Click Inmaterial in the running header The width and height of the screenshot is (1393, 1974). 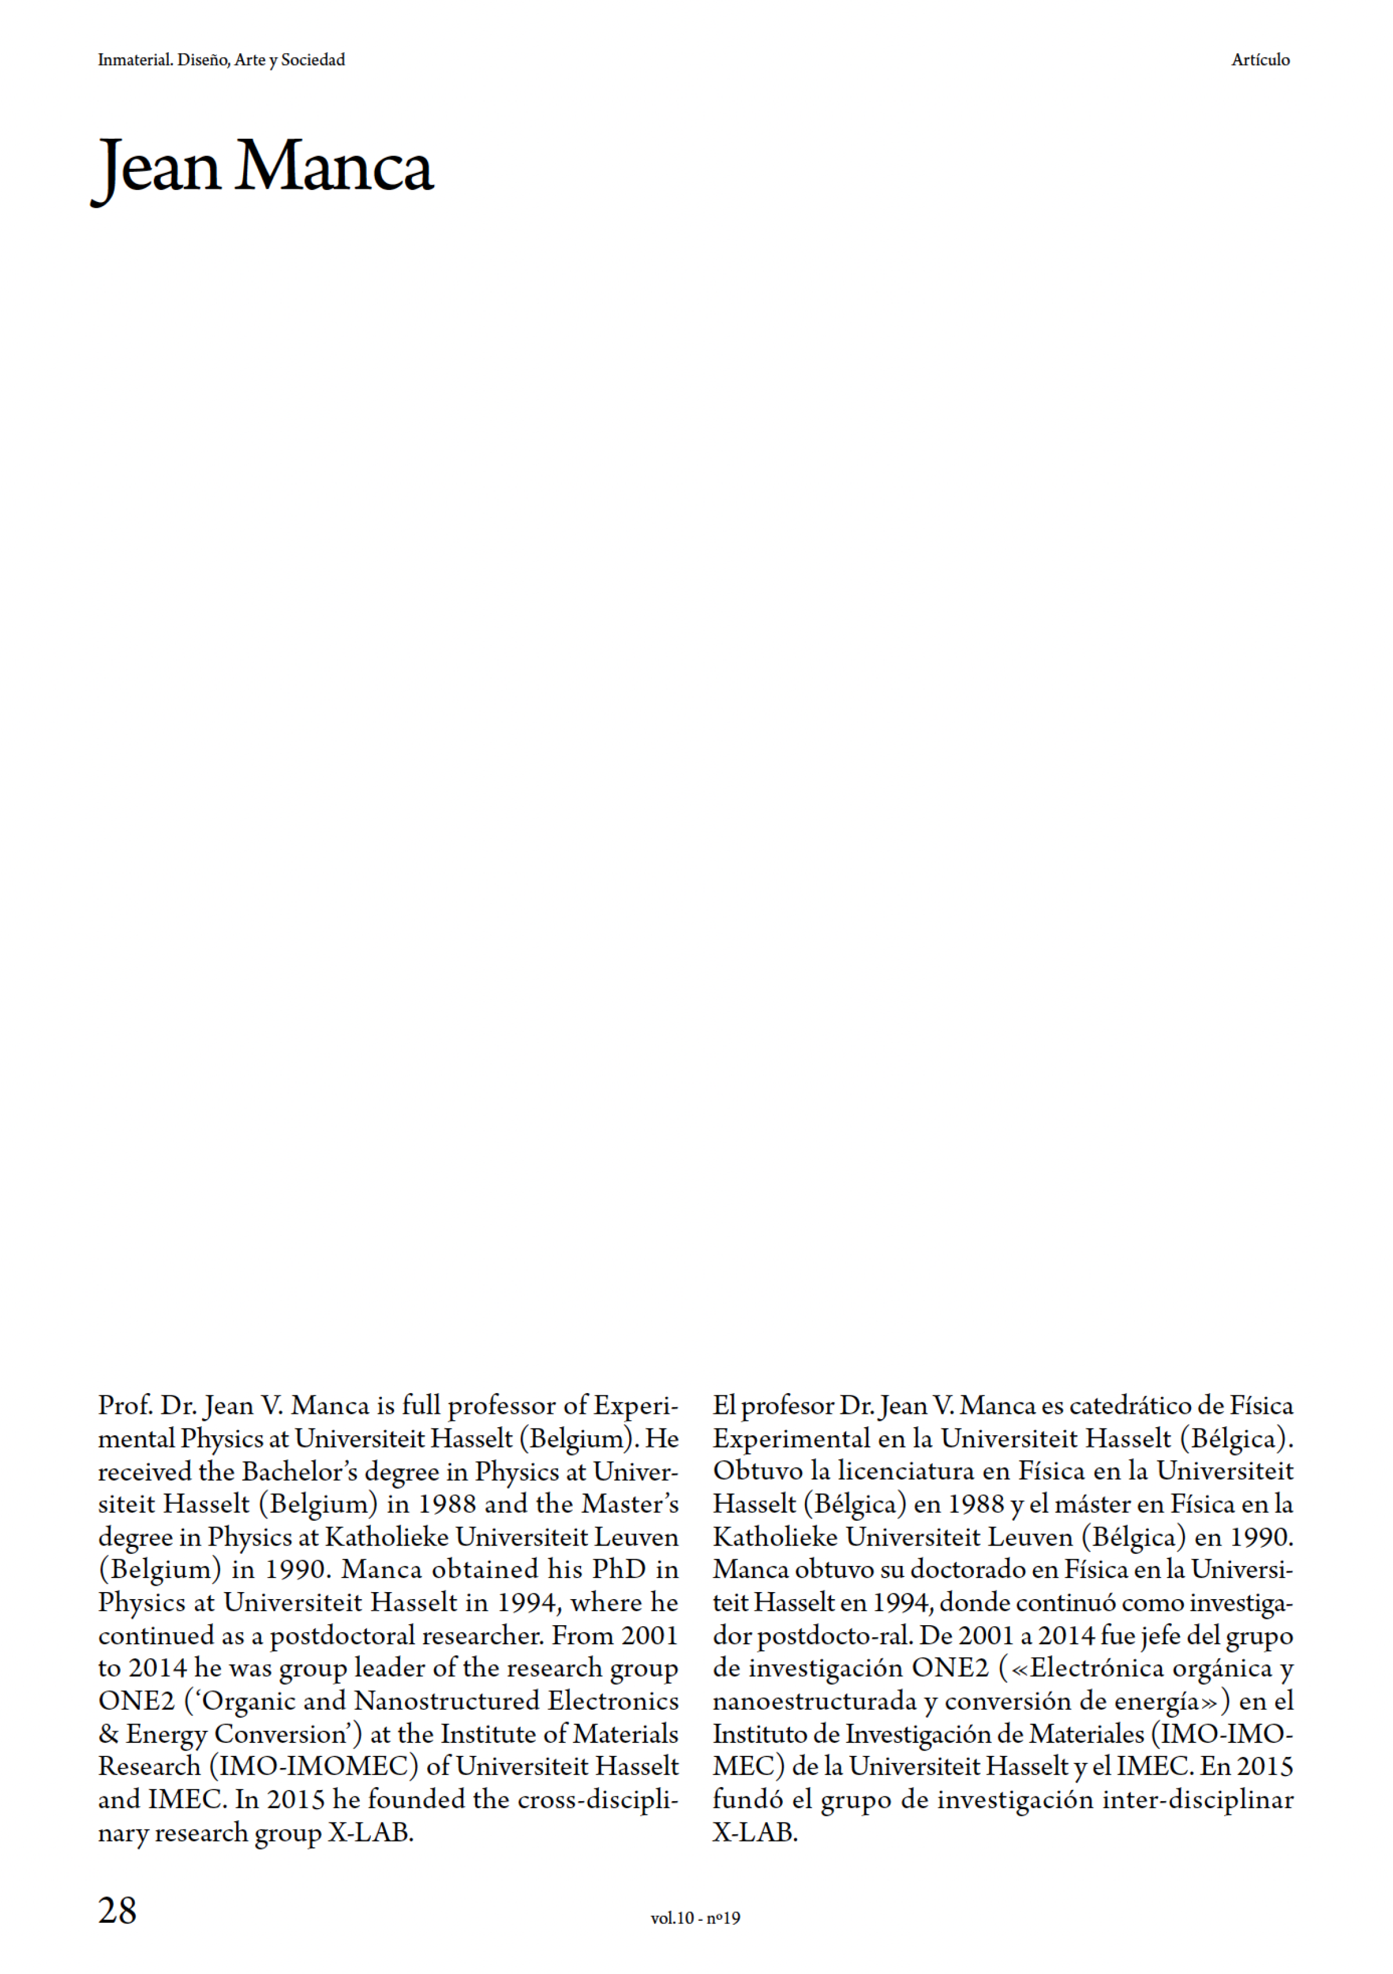coord(135,60)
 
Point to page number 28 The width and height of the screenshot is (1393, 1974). coord(118,1910)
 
